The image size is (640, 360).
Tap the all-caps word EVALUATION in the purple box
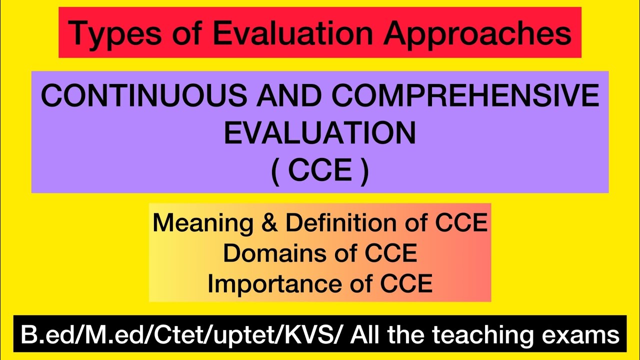(320, 133)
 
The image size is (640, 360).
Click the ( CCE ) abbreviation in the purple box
(320, 171)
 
